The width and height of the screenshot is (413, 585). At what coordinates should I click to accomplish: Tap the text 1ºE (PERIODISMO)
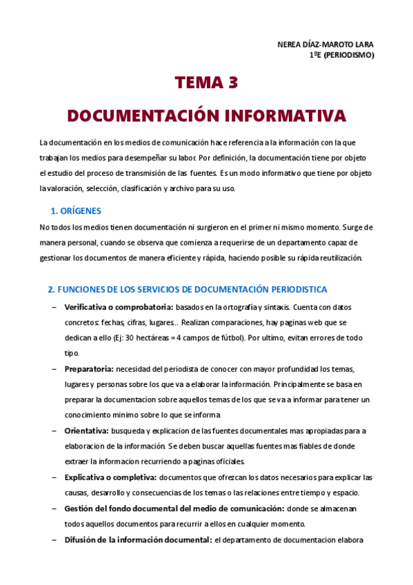342,56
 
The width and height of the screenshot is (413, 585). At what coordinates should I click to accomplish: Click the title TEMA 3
206,83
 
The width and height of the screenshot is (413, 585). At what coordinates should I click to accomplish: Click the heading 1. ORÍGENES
76,210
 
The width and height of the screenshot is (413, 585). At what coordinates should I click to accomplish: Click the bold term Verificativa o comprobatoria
118,306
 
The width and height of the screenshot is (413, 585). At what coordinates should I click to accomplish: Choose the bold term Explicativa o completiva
110,477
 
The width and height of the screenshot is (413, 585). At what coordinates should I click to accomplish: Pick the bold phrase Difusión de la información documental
138,539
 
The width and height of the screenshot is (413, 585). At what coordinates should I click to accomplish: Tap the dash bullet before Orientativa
54,430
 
